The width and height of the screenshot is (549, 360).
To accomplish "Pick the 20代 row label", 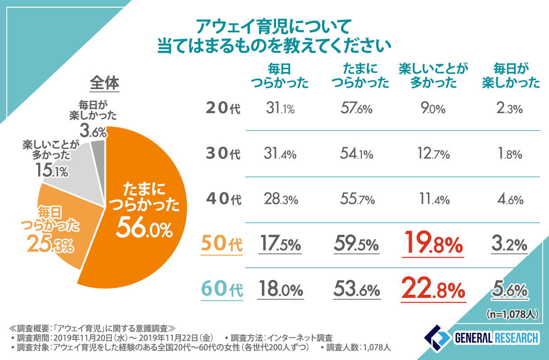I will [x=223, y=108].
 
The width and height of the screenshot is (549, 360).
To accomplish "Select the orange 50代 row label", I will [x=222, y=244].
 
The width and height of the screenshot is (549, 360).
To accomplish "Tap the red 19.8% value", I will [x=432, y=244].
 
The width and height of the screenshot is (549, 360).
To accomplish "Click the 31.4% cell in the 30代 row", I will [x=280, y=154].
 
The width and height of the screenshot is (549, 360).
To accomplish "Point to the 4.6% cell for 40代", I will [x=510, y=199].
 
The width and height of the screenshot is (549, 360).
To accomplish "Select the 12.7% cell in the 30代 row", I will [x=432, y=154].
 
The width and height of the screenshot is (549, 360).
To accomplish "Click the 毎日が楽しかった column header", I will [x=510, y=76].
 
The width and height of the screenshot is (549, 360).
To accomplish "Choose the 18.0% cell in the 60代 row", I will [x=280, y=290].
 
